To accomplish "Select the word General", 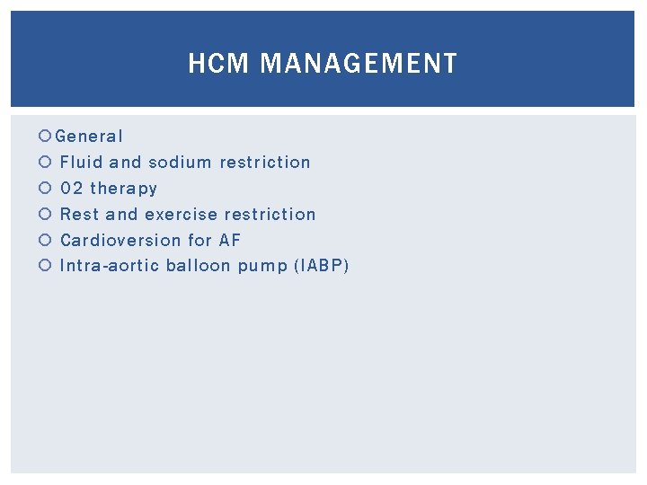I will [x=89, y=137].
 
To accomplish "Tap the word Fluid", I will [x=82, y=163].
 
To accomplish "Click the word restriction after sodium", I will [x=265, y=163].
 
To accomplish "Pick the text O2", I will [x=71, y=189].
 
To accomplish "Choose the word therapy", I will [x=123, y=189].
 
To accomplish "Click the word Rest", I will [x=79, y=215].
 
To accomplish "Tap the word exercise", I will [x=181, y=215].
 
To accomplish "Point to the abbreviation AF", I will [x=230, y=241].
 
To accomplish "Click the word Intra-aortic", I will [x=110, y=267].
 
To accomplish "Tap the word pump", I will [x=261, y=267].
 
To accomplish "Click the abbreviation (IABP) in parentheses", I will [x=319, y=267].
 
